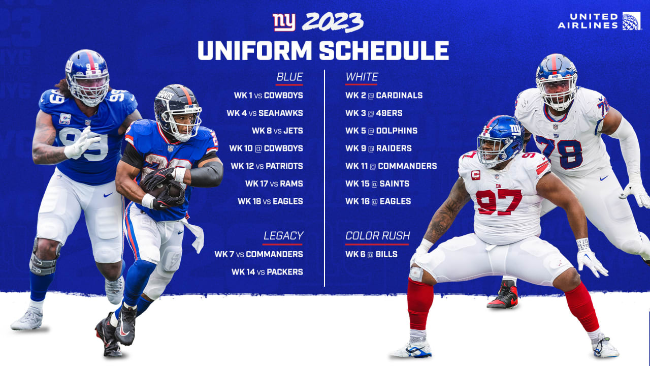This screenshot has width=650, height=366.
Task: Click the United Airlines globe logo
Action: click(x=631, y=21)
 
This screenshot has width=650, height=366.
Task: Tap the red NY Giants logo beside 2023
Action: click(x=284, y=22)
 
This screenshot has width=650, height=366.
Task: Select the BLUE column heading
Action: click(x=289, y=77)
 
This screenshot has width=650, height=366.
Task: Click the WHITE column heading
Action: click(x=362, y=77)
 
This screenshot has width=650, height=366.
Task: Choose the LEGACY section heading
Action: click(x=283, y=235)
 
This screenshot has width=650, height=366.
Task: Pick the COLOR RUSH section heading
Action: click(x=377, y=235)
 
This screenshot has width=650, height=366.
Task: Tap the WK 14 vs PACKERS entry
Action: click(x=267, y=272)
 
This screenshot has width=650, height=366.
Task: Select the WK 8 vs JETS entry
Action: click(x=277, y=131)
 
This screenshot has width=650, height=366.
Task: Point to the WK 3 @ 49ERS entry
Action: click(x=374, y=113)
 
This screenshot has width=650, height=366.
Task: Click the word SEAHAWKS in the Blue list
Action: click(x=281, y=113)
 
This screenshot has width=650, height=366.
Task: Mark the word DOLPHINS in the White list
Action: click(x=397, y=131)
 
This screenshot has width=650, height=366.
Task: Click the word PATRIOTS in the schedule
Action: click(x=284, y=166)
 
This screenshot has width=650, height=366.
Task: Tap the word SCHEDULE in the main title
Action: click(x=384, y=50)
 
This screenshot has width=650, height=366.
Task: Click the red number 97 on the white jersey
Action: click(x=499, y=202)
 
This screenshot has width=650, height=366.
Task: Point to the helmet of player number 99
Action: click(x=87, y=77)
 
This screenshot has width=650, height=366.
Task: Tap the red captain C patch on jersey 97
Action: click(x=476, y=175)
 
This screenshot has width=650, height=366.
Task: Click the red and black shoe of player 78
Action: click(x=503, y=295)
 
